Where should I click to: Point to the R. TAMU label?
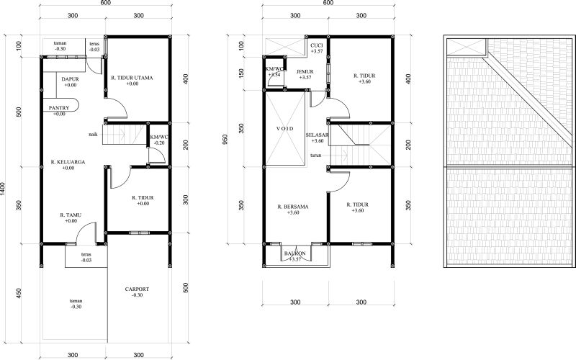(x=72, y=215)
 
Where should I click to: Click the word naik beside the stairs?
(x=94, y=135)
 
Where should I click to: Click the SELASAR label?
(x=316, y=135)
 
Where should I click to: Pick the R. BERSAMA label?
(x=292, y=206)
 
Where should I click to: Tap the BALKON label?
(x=294, y=253)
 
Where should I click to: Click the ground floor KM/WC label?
(x=158, y=137)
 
